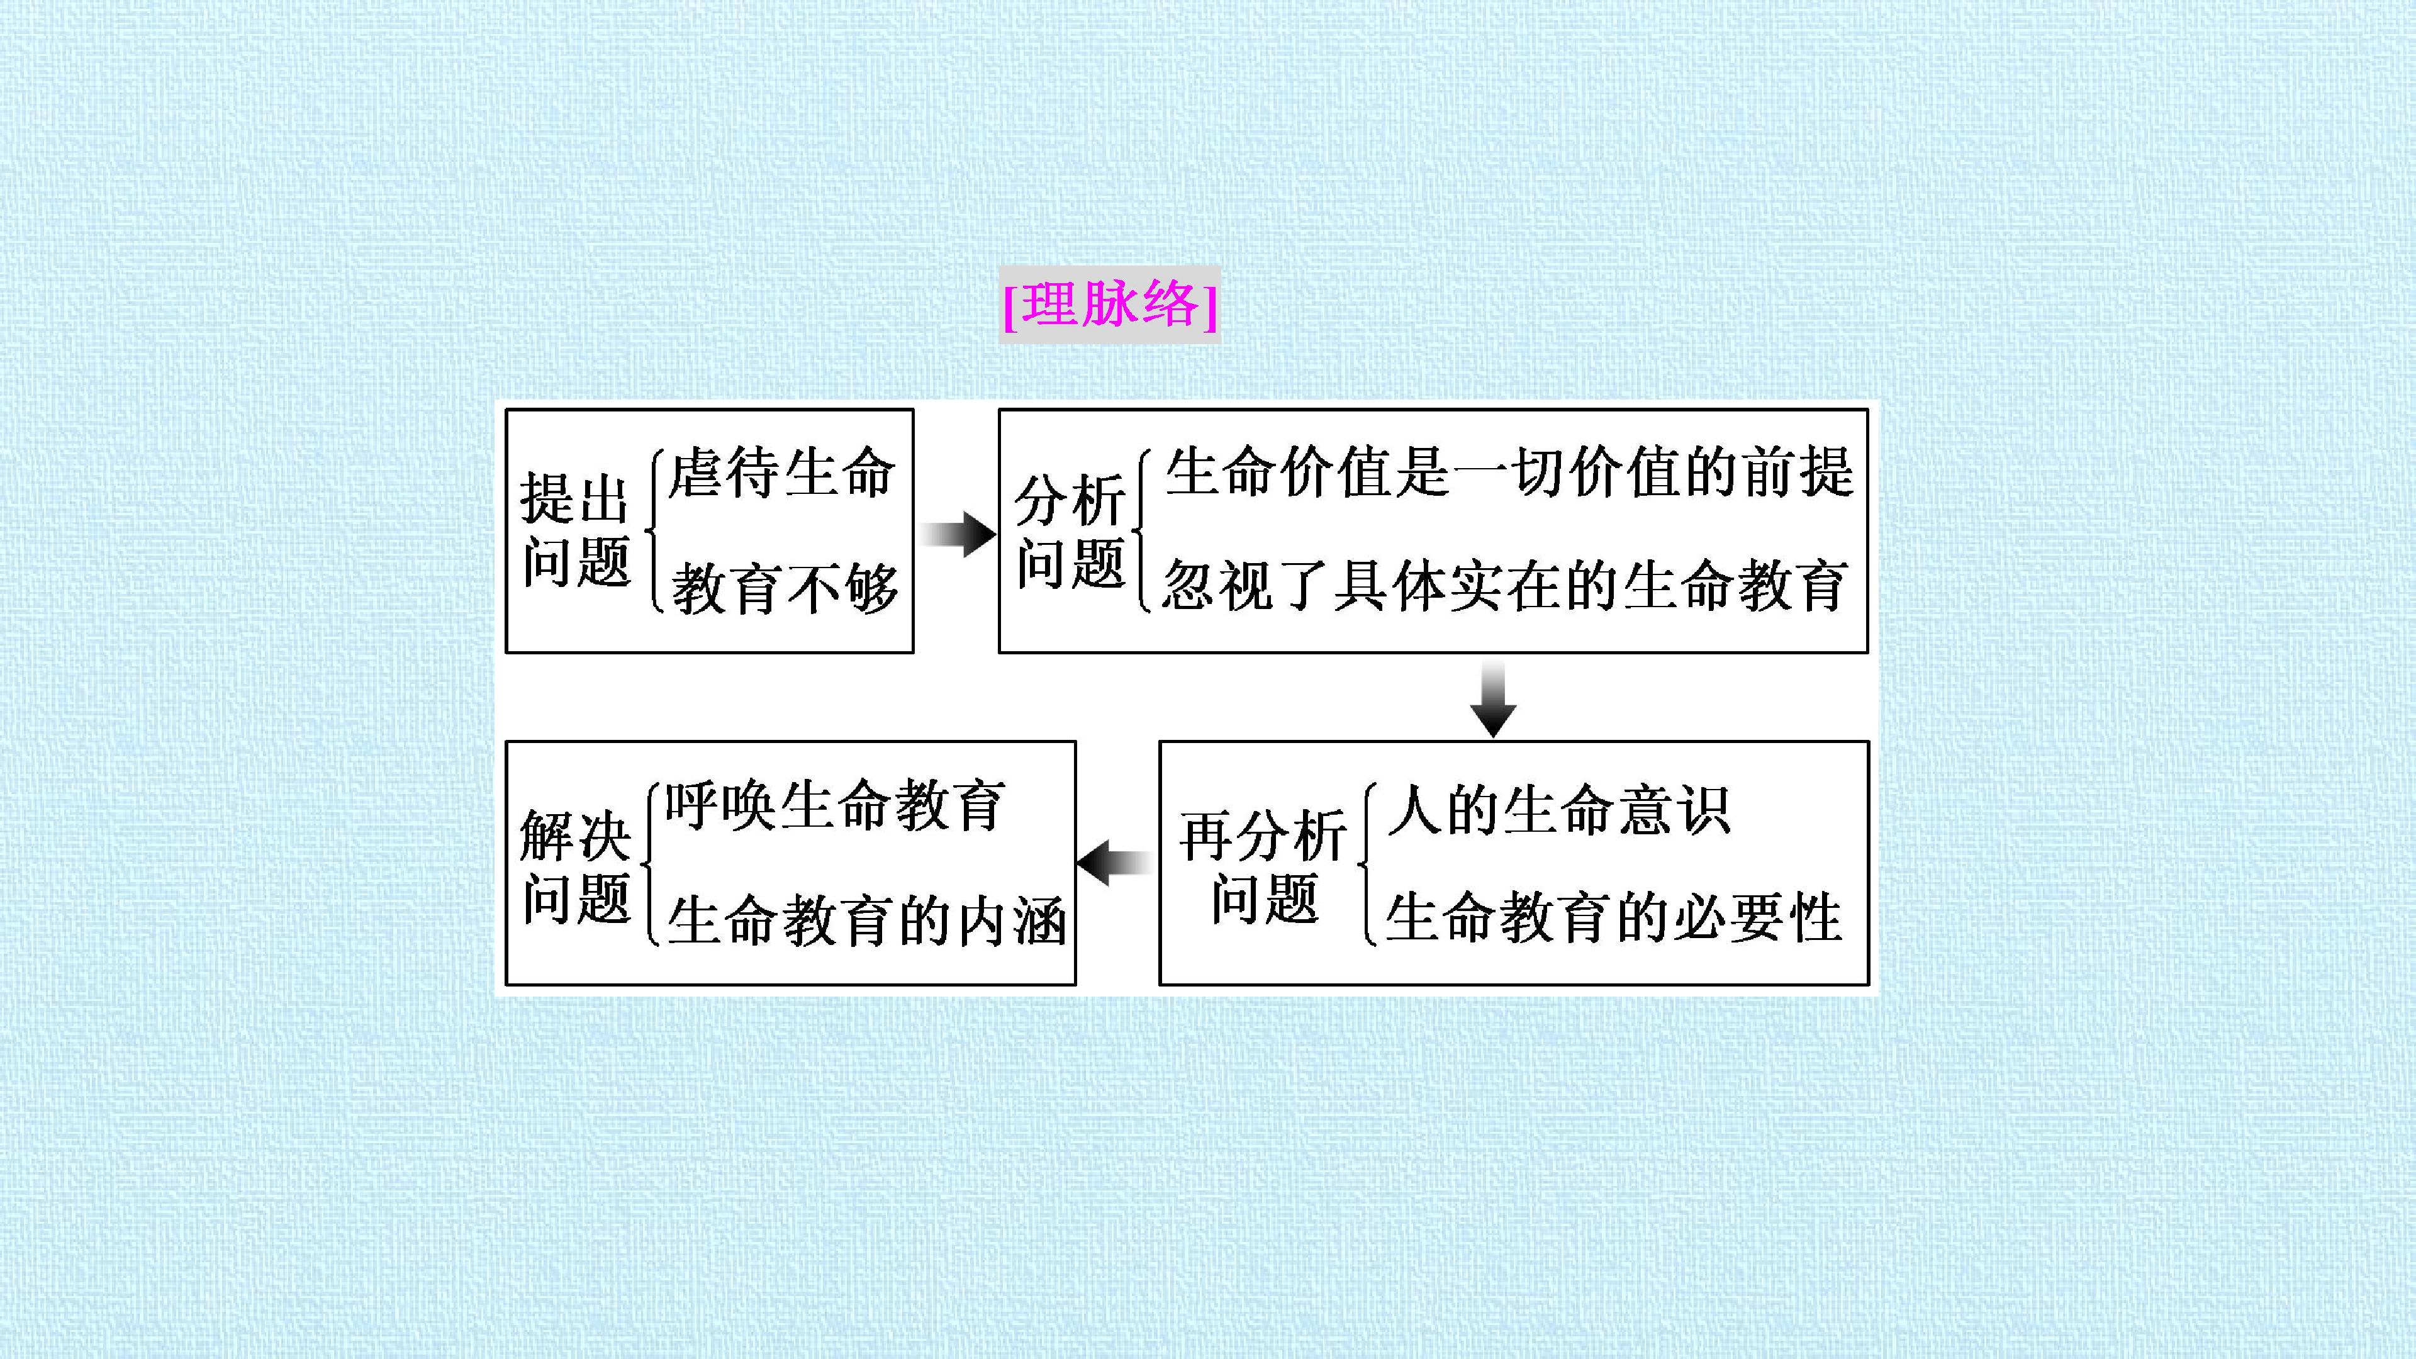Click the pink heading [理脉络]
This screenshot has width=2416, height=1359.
[x=1109, y=305]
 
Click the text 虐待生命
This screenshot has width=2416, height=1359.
[x=781, y=473]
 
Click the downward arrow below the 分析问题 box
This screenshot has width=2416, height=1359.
[x=1492, y=698]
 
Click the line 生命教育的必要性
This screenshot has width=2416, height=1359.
[x=1614, y=917]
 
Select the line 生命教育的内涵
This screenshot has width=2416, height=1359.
[x=866, y=920]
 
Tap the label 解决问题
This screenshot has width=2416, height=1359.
[x=575, y=866]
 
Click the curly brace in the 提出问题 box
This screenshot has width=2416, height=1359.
[x=654, y=532]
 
